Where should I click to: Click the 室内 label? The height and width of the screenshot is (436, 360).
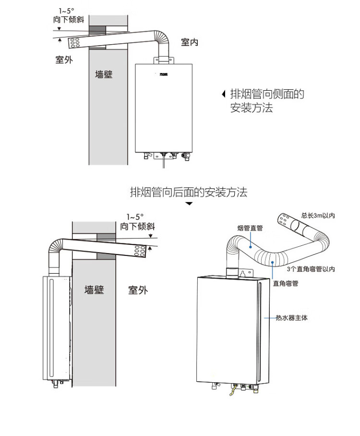pos(189,43)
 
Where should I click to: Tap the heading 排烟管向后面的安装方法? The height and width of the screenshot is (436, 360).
pos(189,193)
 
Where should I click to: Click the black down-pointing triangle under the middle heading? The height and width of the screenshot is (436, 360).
pos(189,204)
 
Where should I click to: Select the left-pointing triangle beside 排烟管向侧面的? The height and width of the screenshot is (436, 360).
pos(223,94)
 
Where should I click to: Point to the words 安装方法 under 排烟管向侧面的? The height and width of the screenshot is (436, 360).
pos(251,108)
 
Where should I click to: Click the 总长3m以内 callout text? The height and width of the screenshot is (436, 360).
pos(318,216)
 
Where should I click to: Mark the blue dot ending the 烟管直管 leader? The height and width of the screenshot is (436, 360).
pos(251,246)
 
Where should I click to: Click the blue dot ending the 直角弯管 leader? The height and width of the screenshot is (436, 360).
pos(272,262)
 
